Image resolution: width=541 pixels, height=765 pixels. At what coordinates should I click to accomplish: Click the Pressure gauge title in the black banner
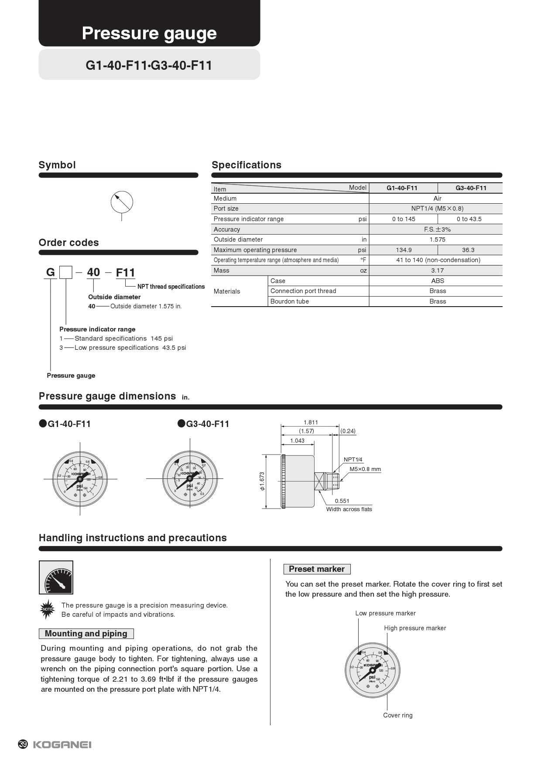[149, 33]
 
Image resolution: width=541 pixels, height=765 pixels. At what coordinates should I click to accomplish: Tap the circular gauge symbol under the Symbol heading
[122, 202]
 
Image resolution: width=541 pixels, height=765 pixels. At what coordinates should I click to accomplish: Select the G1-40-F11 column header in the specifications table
[402, 188]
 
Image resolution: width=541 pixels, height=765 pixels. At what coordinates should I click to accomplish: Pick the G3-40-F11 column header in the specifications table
[471, 188]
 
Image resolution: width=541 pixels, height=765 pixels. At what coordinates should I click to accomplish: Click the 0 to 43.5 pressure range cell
[469, 219]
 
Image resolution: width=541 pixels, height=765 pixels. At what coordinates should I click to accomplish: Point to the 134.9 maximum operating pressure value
[404, 250]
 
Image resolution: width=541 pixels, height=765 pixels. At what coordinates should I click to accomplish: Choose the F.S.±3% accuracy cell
[437, 229]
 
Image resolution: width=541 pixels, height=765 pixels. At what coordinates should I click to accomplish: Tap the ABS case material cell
[437, 281]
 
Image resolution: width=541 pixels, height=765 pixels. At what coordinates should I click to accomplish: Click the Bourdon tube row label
[289, 301]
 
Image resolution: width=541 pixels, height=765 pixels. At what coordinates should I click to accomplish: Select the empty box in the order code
[66, 273]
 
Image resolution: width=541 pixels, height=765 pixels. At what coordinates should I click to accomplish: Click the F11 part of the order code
[126, 273]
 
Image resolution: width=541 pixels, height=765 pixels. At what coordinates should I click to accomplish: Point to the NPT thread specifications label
[171, 287]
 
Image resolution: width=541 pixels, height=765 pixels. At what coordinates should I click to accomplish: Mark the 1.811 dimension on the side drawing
[311, 422]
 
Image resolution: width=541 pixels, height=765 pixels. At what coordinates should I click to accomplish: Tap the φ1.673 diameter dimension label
[262, 481]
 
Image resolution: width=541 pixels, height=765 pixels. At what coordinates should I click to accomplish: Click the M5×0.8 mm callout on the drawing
[365, 469]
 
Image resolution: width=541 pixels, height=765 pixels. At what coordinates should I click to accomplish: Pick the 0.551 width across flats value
[342, 501]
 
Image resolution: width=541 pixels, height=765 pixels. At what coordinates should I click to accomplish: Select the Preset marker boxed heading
[317, 569]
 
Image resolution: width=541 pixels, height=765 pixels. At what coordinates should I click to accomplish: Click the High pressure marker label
[415, 628]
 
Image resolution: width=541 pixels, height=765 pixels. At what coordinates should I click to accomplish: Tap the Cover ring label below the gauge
[397, 715]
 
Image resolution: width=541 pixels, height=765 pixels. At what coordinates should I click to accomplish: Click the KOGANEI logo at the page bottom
[62, 745]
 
